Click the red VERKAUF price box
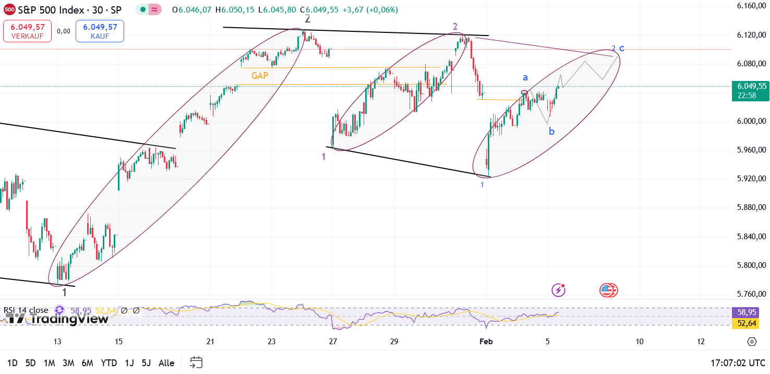(x=27, y=31)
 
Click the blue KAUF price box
(x=100, y=31)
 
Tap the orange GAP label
(x=260, y=76)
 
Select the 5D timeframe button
(x=31, y=363)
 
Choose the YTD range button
(x=109, y=363)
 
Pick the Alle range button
(x=166, y=363)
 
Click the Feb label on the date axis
(x=486, y=342)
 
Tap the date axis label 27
(x=333, y=342)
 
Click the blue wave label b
(x=551, y=132)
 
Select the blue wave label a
(x=525, y=78)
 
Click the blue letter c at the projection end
(x=621, y=49)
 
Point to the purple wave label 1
(x=323, y=156)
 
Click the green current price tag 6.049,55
(x=751, y=90)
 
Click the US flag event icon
(x=608, y=290)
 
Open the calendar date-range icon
(x=196, y=363)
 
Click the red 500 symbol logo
(x=9, y=9)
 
